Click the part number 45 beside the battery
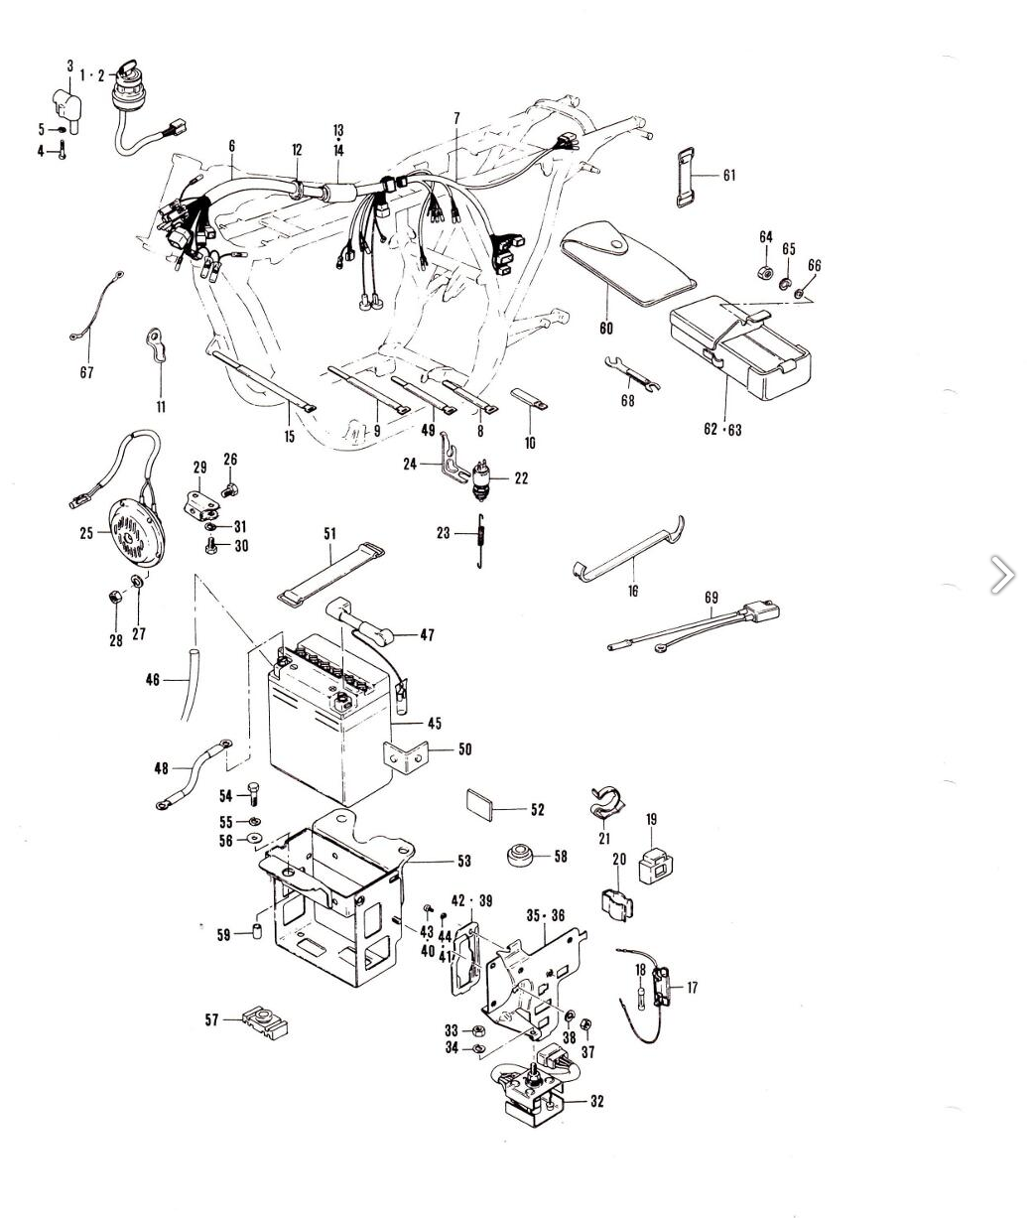435,724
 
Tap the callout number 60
606,329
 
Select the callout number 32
595,1101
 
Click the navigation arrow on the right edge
1002,575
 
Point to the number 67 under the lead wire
86,373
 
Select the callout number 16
632,592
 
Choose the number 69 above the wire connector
712,598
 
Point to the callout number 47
427,635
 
